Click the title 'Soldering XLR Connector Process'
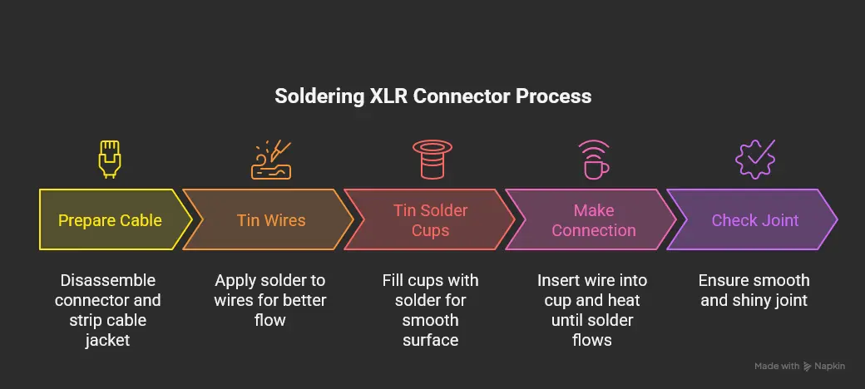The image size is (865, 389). click(x=432, y=96)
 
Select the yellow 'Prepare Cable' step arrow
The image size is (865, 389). click(x=110, y=220)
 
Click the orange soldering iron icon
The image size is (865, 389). click(x=271, y=159)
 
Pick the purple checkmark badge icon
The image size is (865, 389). click(x=755, y=159)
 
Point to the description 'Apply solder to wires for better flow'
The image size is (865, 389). click(x=271, y=299)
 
